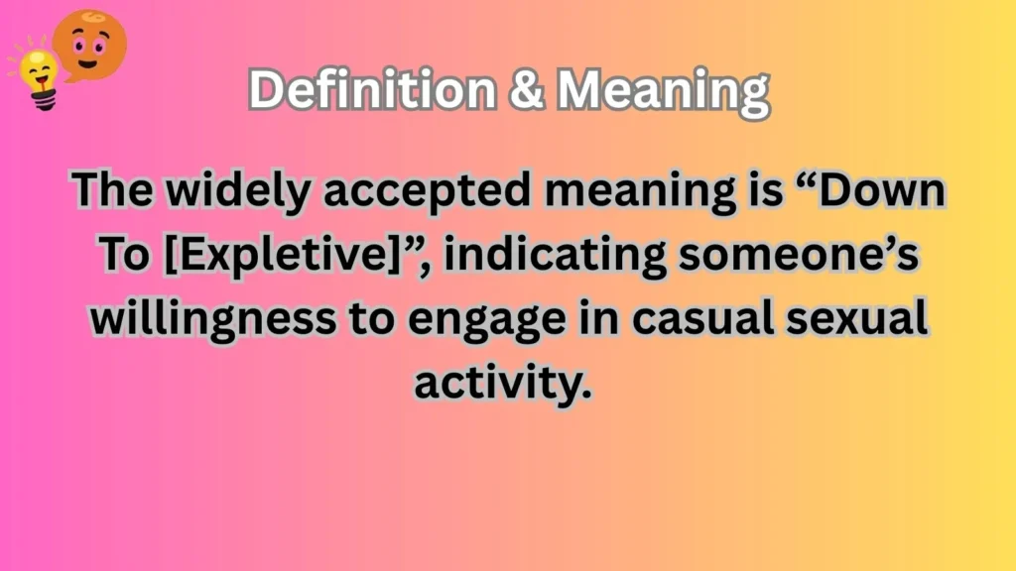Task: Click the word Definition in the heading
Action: point(372,92)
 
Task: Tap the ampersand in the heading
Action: point(528,92)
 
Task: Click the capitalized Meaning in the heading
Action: point(663,92)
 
